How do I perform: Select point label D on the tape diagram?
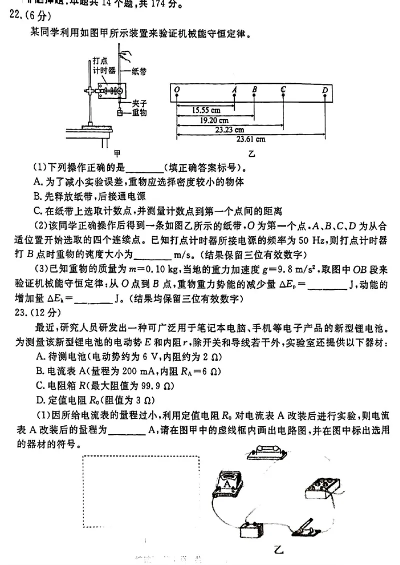coord(325,89)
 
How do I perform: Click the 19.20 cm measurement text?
coord(215,120)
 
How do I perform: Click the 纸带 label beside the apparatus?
coord(139,71)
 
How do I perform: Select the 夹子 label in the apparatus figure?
coord(139,103)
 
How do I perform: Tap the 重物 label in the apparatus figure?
coord(139,112)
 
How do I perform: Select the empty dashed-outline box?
coord(140,491)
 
